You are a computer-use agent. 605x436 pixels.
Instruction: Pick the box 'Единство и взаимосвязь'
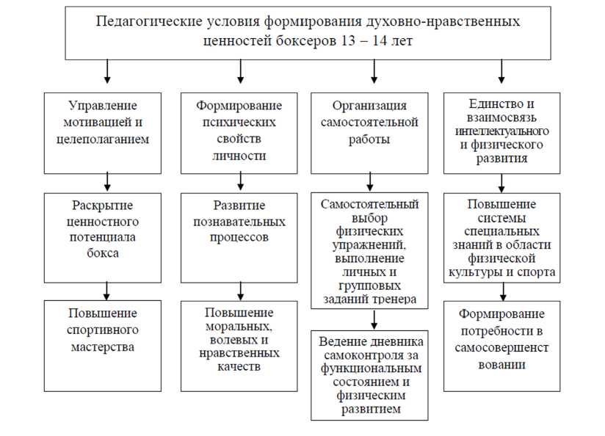(x=501, y=132)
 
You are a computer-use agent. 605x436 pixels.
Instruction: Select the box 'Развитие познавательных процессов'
(x=239, y=237)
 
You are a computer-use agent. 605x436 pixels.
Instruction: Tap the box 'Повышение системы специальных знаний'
(x=501, y=237)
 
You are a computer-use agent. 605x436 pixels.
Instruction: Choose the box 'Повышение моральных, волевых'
(x=239, y=345)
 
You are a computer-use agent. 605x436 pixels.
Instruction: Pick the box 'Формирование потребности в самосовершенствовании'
(x=501, y=345)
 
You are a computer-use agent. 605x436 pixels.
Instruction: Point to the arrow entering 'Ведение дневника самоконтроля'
(x=374, y=319)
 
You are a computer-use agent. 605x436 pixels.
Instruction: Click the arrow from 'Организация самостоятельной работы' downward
(x=369, y=181)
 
